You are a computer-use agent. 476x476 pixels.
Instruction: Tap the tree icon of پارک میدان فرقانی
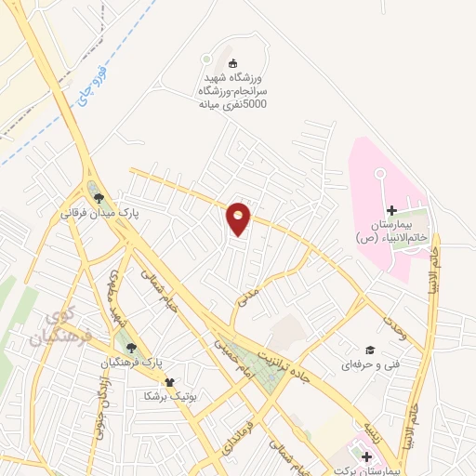tap(98, 198)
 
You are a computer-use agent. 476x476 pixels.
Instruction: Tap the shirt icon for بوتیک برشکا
tap(168, 381)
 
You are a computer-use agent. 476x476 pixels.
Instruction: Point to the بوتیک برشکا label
tap(167, 396)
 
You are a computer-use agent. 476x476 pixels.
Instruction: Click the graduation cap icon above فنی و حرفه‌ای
tap(368, 350)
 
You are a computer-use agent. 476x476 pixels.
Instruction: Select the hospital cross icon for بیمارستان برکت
tap(366, 456)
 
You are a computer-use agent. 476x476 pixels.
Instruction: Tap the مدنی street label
tap(246, 297)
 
